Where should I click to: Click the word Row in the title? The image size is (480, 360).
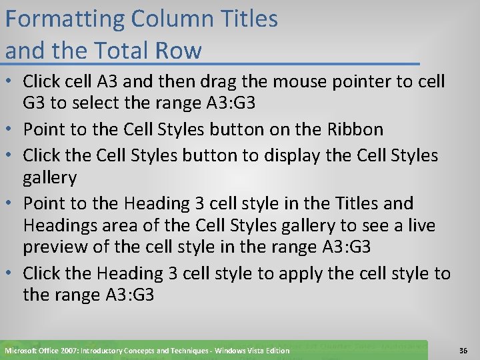pos(179,50)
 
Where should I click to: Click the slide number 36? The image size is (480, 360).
pos(464,350)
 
